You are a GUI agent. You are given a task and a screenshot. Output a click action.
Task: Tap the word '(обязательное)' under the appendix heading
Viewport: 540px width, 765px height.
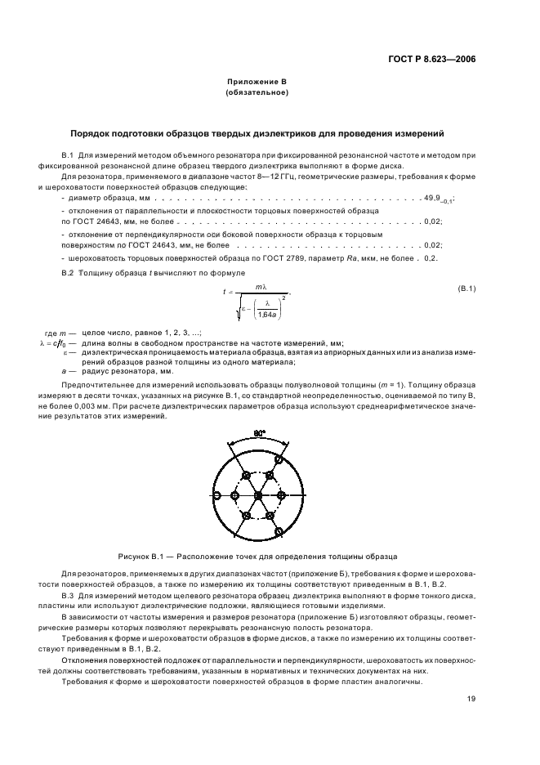point(257,93)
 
